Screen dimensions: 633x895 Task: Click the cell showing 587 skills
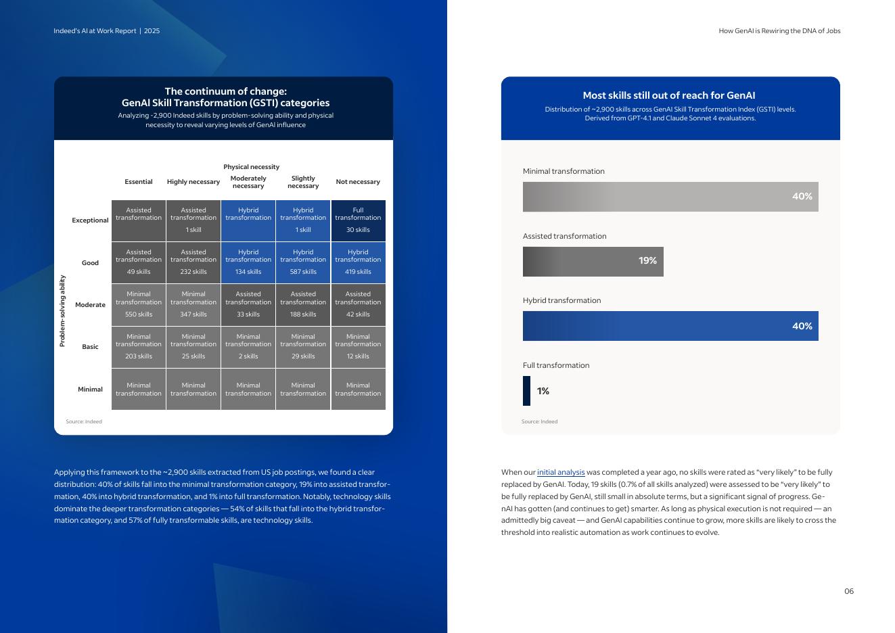point(303,262)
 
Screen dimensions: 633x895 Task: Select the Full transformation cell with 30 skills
point(358,220)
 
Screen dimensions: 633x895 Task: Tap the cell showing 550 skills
point(139,304)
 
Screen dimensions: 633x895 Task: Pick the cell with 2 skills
point(248,347)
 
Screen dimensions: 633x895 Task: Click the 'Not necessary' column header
point(358,182)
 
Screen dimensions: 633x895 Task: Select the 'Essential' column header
point(139,182)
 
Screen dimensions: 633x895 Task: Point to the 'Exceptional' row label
point(90,220)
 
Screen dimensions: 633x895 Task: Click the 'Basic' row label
point(90,347)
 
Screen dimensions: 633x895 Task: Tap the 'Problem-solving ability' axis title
point(62,311)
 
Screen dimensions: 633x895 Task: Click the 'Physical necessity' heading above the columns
point(251,167)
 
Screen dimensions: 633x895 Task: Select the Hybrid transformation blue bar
point(670,326)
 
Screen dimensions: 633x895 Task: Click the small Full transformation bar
point(526,391)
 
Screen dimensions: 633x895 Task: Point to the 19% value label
point(647,261)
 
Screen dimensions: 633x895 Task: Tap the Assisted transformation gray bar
point(582,262)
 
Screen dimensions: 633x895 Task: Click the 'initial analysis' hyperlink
point(561,472)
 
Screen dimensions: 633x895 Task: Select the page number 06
point(848,591)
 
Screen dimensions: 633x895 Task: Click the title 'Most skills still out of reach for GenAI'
point(669,95)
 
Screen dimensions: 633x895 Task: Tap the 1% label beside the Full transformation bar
point(543,391)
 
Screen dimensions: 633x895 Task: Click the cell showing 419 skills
point(358,262)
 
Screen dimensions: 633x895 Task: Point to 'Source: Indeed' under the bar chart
point(539,421)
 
